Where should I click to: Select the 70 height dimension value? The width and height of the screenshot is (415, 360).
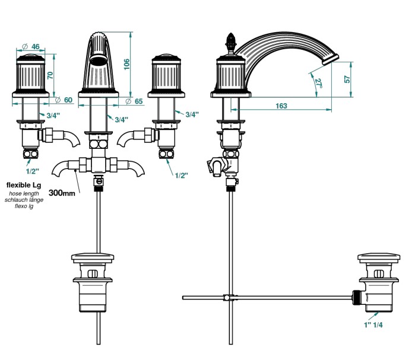pos(50,75)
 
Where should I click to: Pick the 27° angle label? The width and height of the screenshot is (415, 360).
pos(318,84)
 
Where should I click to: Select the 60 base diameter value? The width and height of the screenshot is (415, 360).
pos(68,100)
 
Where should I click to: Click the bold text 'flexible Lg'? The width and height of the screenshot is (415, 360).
pos(24,185)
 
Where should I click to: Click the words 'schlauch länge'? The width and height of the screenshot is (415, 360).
pos(24,200)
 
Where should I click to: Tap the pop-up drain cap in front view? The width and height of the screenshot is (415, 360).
pos(97,257)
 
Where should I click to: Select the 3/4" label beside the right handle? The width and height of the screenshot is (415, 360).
pos(192,114)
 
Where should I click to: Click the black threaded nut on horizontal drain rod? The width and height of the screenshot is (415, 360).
pos(357,297)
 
